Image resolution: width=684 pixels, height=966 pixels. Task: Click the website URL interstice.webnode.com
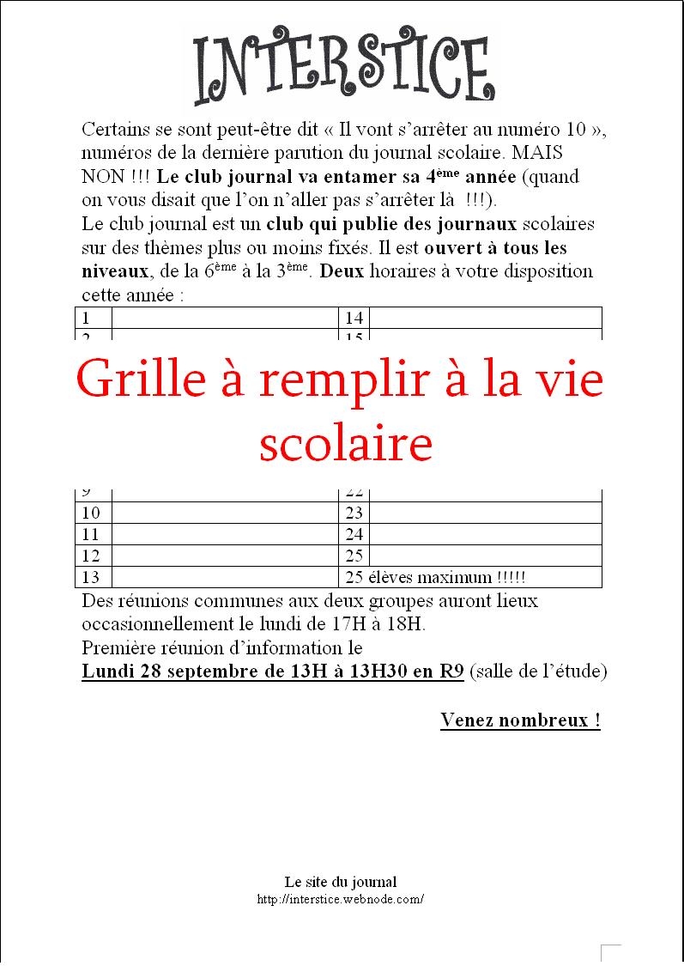(341, 899)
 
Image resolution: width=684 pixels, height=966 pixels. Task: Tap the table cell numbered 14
(354, 318)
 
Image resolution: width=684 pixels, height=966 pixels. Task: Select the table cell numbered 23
(354, 513)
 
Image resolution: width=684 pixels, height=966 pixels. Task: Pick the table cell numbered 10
(91, 513)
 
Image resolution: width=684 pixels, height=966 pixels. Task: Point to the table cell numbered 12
(91, 556)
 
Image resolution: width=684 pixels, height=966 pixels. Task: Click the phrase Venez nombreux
(520, 720)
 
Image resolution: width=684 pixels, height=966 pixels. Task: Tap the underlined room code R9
(452, 671)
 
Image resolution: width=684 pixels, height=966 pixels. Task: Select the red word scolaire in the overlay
(345, 444)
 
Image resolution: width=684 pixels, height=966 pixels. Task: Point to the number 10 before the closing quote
(578, 130)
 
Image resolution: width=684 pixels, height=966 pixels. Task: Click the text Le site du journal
(341, 881)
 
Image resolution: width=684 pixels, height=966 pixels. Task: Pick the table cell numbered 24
(354, 534)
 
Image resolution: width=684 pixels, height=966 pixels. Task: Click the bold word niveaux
(114, 271)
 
